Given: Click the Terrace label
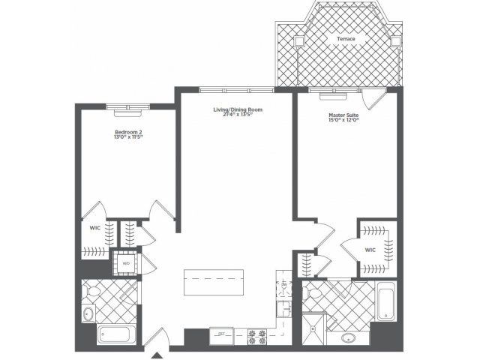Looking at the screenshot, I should (346, 38).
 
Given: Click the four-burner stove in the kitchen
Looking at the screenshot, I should (259, 337).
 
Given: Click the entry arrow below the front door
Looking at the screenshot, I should (157, 353).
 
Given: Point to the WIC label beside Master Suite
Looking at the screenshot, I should (370, 250).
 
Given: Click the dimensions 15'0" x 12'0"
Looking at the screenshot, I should (344, 121).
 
